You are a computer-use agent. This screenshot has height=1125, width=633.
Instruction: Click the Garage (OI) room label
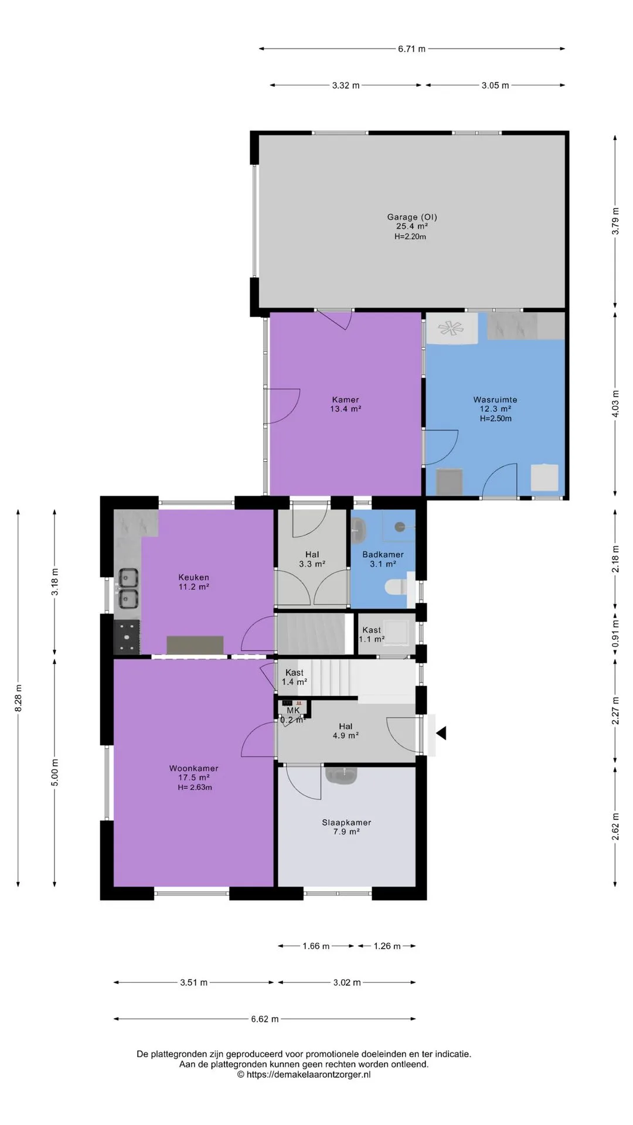(x=412, y=217)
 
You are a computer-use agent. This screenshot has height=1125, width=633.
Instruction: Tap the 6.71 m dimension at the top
(x=411, y=49)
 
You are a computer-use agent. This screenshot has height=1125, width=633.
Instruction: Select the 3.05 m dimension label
(x=495, y=86)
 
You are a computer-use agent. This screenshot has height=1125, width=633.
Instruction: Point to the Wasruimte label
(x=495, y=400)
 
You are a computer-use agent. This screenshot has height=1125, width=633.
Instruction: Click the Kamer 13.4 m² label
(x=345, y=404)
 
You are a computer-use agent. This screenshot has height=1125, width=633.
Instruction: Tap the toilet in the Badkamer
(x=397, y=587)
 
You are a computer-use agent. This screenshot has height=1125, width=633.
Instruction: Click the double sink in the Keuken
(x=128, y=588)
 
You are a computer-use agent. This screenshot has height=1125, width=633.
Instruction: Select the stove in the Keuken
(x=127, y=637)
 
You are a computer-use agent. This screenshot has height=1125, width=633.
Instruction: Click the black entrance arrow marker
(x=441, y=732)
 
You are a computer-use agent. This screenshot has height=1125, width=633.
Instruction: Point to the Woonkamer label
(x=193, y=768)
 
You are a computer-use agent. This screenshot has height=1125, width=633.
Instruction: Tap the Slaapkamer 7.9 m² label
(x=346, y=827)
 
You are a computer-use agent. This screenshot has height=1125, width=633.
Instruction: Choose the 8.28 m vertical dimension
(x=18, y=698)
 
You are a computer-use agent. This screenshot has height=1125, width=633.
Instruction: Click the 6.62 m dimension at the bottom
(x=265, y=1019)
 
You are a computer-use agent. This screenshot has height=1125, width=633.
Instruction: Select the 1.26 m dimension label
(x=387, y=946)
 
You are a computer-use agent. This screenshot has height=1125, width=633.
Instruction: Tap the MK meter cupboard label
(x=293, y=710)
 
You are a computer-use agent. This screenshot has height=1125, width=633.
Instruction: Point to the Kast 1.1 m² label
(x=372, y=635)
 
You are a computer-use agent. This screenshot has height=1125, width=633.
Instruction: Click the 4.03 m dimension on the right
(x=615, y=404)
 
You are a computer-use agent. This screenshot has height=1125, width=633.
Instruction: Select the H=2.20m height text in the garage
(x=410, y=237)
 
